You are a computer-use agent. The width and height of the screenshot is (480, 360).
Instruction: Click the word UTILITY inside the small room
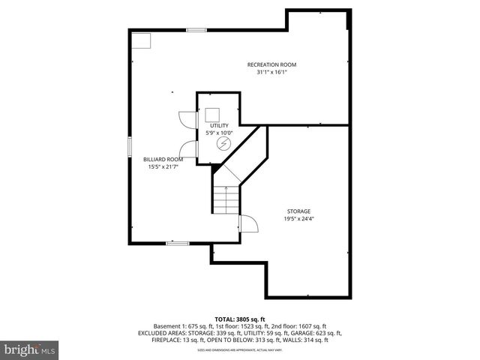219,125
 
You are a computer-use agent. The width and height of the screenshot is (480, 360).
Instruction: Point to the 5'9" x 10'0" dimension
219,133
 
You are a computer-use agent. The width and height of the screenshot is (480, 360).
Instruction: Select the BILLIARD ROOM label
163,159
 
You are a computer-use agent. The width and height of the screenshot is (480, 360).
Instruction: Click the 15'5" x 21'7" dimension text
163,167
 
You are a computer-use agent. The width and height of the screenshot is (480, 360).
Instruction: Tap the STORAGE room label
298,211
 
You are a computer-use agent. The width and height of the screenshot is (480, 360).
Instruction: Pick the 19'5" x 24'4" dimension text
298,219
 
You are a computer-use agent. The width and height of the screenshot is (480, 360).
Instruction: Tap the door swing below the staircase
248,224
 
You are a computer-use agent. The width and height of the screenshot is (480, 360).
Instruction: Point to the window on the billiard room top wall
196,30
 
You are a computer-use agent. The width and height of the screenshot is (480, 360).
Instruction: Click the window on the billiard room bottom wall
177,243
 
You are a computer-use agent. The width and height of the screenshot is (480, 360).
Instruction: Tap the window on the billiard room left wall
130,145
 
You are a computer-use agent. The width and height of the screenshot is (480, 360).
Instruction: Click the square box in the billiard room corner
140,40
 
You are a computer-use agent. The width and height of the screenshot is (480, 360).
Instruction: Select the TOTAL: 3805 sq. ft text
239,319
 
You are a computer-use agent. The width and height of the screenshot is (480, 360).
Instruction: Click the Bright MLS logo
30,349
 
